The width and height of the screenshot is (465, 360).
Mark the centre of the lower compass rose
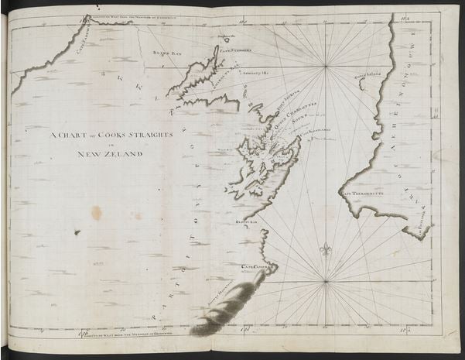(325, 280)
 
